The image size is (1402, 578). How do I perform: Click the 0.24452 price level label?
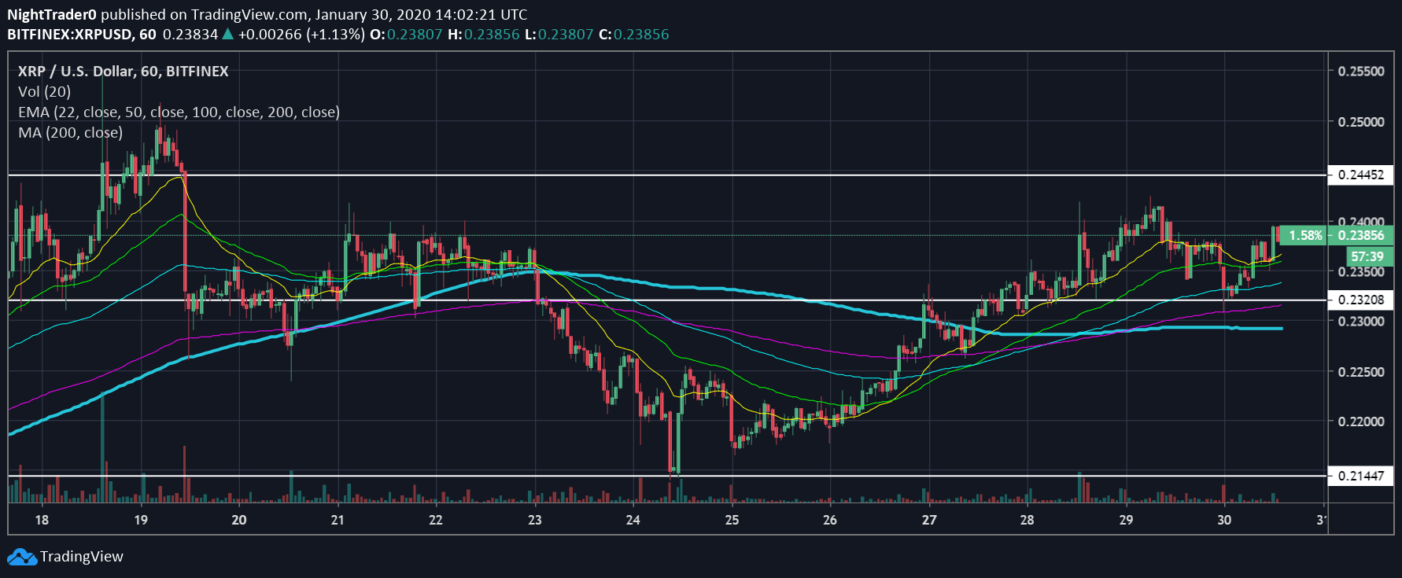click(1360, 175)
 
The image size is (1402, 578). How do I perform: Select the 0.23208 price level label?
click(1360, 300)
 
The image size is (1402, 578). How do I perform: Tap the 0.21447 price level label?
click(1360, 476)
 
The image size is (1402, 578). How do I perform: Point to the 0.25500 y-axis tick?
click(1361, 72)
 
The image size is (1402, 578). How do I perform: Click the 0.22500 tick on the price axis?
click(1361, 372)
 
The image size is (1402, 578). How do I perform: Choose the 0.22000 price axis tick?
click(1361, 422)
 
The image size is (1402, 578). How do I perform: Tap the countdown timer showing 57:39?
click(1367, 256)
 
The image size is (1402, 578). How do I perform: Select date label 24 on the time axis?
click(633, 520)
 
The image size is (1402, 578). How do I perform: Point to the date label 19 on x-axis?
click(141, 520)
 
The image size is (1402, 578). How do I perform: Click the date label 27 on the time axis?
click(929, 520)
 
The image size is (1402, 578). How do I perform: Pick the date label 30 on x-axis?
click(1224, 520)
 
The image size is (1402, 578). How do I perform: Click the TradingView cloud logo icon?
click(22, 557)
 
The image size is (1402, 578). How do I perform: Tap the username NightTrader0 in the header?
click(52, 14)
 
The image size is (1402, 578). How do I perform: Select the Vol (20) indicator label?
click(44, 91)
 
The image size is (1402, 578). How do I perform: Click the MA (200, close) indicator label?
click(71, 133)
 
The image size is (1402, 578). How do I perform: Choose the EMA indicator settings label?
click(179, 112)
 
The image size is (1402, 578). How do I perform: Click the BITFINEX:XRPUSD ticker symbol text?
click(69, 35)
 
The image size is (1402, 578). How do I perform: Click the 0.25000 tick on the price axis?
click(1361, 122)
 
